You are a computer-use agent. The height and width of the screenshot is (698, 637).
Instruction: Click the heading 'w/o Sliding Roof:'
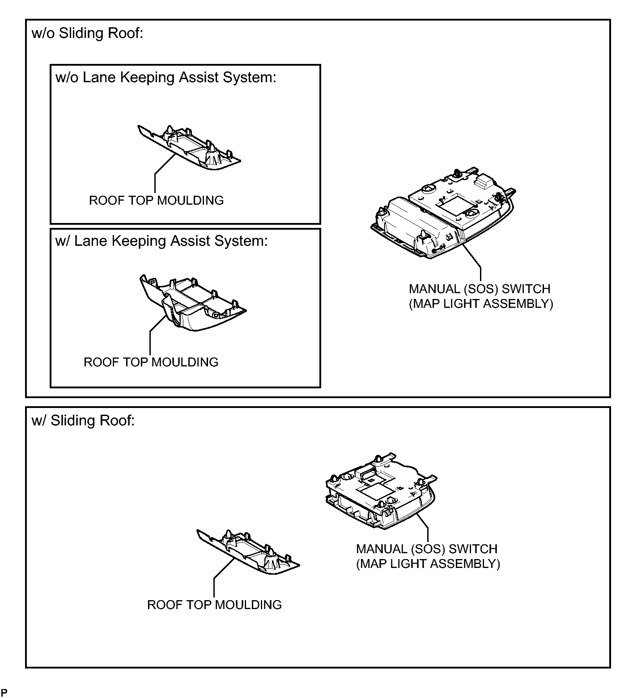[88, 34]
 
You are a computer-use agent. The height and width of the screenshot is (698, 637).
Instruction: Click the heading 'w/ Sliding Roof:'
[83, 420]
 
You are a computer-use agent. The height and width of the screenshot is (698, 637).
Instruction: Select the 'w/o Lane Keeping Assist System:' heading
[166, 77]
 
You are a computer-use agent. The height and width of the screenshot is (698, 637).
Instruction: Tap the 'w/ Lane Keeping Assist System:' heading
[161, 241]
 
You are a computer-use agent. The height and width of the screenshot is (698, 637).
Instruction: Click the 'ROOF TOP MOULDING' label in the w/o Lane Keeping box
[156, 200]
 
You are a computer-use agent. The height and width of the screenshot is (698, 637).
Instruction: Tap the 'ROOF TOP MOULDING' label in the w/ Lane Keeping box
[151, 362]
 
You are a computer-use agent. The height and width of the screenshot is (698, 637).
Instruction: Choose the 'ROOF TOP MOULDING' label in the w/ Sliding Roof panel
[214, 605]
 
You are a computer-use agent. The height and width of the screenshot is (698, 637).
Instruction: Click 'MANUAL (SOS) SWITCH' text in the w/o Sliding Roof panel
[480, 289]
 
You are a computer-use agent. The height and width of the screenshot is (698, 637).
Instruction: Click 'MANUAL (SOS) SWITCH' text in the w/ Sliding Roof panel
[427, 549]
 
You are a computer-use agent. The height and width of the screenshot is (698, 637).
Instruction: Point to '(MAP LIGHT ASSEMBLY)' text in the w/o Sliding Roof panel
[481, 304]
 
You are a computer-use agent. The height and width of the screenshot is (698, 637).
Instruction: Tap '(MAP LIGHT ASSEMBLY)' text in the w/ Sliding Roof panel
[428, 563]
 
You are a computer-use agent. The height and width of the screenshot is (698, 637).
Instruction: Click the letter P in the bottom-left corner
[4, 693]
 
